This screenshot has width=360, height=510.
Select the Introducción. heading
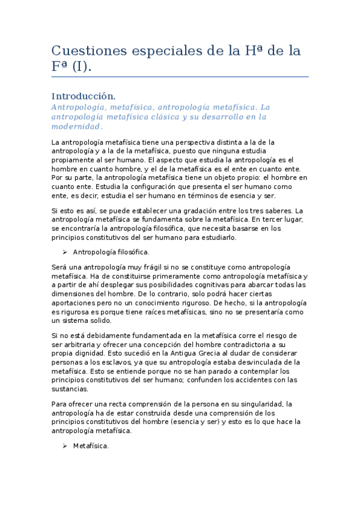pyautogui.click(x=83, y=96)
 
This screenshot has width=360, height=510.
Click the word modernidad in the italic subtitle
pyautogui.click(x=77, y=127)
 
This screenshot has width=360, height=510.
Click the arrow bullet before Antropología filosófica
pyautogui.click(x=65, y=252)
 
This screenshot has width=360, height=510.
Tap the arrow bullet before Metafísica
pyautogui.click(x=65, y=446)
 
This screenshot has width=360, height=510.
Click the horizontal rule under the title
pyautogui.click(x=180, y=77)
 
